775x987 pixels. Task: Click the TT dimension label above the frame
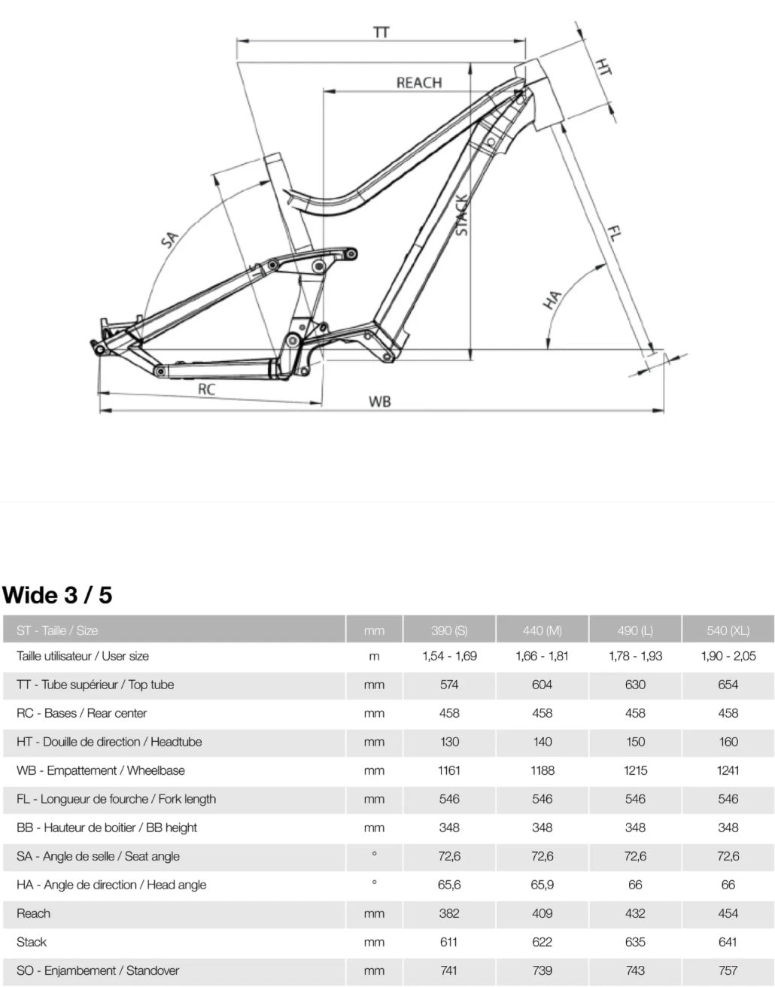pyautogui.click(x=381, y=32)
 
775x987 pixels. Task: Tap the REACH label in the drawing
pyautogui.click(x=419, y=83)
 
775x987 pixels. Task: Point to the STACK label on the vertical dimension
pyautogui.click(x=461, y=215)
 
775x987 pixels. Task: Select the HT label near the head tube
pyautogui.click(x=603, y=66)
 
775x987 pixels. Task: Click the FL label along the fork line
pyautogui.click(x=614, y=234)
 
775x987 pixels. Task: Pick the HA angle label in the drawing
pyautogui.click(x=552, y=300)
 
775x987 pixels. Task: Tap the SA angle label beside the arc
pyautogui.click(x=169, y=239)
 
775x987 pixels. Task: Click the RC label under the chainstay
pyautogui.click(x=206, y=389)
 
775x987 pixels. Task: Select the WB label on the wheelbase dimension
pyautogui.click(x=380, y=402)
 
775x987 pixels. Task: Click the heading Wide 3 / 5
pyautogui.click(x=57, y=595)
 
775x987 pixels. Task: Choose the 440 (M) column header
pyautogui.click(x=542, y=630)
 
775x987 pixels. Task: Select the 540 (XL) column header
pyautogui.click(x=728, y=630)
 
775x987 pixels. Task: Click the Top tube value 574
pyautogui.click(x=449, y=685)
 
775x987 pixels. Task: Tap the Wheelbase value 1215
pyautogui.click(x=635, y=770)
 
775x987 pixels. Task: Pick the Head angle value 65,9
pyautogui.click(x=542, y=885)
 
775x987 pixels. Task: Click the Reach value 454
pyautogui.click(x=728, y=913)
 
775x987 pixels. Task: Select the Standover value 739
pyautogui.click(x=542, y=970)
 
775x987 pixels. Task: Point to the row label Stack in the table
pyautogui.click(x=32, y=942)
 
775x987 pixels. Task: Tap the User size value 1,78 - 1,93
pyautogui.click(x=635, y=656)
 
